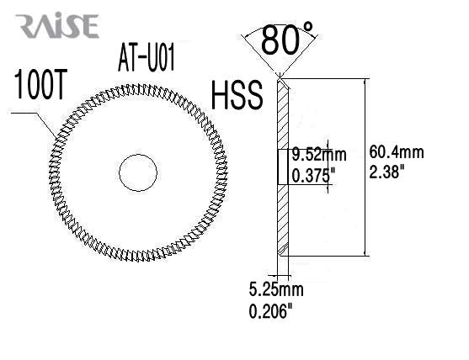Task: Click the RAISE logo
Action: [56, 26]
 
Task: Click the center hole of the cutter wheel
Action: [138, 172]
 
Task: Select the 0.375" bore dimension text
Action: [313, 175]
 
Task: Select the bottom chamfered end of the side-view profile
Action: [284, 251]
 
